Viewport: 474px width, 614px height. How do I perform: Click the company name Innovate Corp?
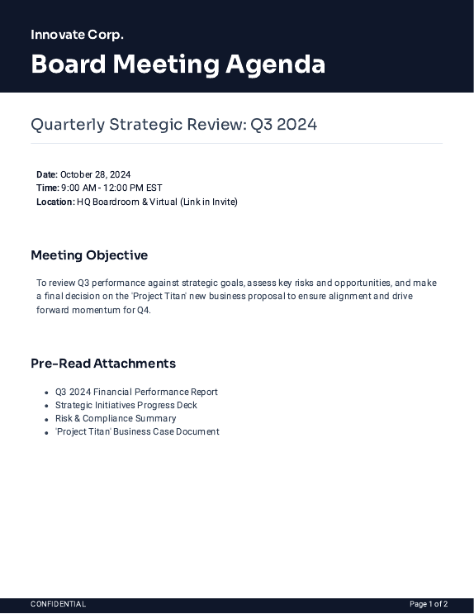(77, 35)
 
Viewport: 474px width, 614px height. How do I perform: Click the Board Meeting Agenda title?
(178, 64)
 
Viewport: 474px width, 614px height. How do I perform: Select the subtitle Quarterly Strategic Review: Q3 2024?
(173, 125)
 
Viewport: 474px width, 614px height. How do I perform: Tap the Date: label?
(46, 174)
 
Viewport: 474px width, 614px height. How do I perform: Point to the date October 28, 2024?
(96, 174)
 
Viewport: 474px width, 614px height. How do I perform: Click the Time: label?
(47, 188)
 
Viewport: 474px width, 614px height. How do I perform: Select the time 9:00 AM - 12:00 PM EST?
(111, 188)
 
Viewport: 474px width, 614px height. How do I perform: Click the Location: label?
(55, 202)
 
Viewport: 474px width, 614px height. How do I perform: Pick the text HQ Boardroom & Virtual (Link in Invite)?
(157, 202)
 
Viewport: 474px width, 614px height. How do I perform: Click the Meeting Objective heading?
(89, 255)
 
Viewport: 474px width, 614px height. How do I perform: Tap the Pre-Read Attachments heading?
(103, 364)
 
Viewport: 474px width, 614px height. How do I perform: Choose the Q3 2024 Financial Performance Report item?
(136, 392)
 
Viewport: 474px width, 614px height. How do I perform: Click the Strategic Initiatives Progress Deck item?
(126, 405)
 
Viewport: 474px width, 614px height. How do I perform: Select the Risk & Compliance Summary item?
(116, 418)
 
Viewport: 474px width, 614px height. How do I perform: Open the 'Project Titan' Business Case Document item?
(137, 431)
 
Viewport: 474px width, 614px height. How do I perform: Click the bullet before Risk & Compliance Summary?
(46, 419)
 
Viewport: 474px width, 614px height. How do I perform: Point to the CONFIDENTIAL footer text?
(58, 604)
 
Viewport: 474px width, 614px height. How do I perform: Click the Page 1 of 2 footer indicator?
(429, 604)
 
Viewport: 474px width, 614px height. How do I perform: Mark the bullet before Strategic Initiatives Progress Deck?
(46, 406)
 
